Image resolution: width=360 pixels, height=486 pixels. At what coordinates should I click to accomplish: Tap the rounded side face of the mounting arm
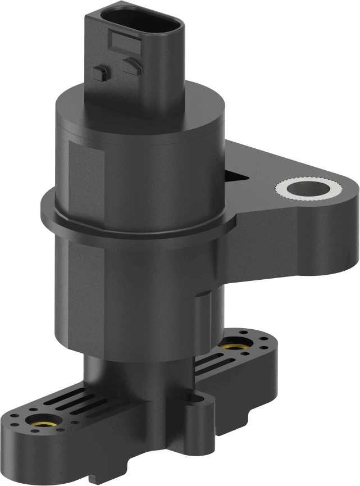315,236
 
